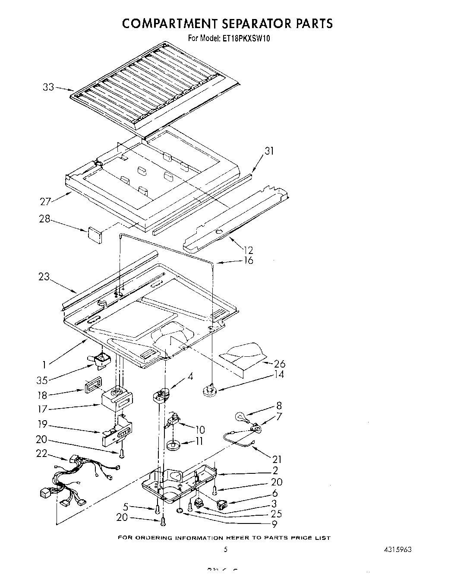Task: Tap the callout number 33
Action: (48, 87)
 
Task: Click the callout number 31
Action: (269, 151)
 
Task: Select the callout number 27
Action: (46, 201)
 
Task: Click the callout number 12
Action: (248, 250)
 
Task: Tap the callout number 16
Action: (248, 260)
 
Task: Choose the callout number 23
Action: (44, 277)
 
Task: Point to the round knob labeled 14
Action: (209, 391)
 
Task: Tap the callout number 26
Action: (279, 364)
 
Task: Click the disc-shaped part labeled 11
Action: (174, 445)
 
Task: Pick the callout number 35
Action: (42, 381)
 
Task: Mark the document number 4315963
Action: (397, 549)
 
